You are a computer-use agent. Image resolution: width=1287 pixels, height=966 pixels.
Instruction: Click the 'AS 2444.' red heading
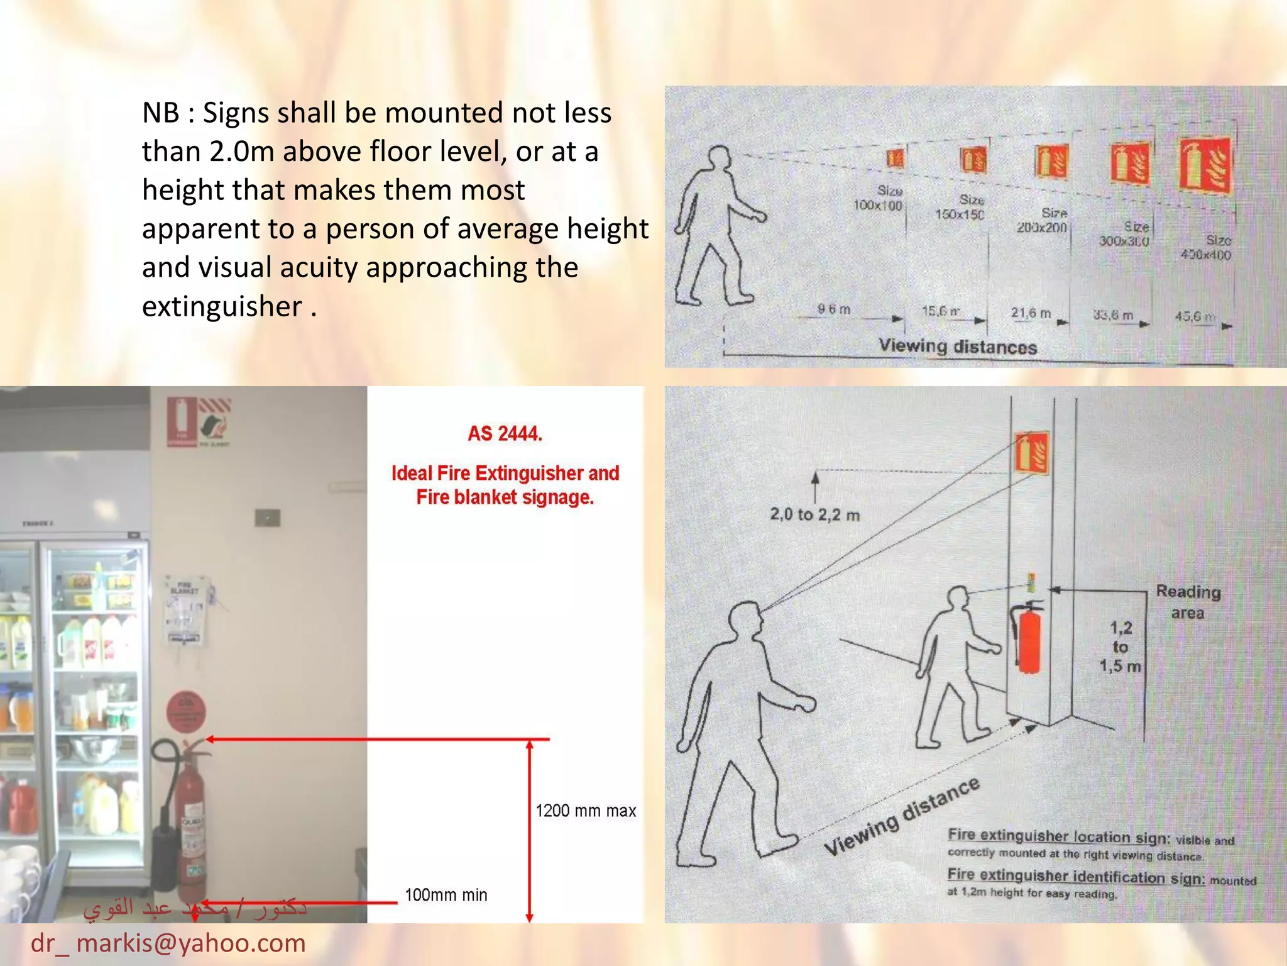[x=505, y=433]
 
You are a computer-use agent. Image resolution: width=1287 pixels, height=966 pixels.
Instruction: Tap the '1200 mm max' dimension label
[x=586, y=811]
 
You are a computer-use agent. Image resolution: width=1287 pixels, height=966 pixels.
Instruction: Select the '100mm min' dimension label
[x=446, y=894]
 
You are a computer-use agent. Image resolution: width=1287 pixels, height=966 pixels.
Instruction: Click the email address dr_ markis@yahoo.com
[x=168, y=943]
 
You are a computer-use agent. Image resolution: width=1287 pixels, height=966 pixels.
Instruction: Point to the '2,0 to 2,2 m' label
[x=815, y=514]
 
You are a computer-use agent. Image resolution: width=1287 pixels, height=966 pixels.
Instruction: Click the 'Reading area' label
[x=1188, y=602]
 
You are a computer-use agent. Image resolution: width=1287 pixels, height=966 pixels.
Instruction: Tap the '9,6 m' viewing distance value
[x=834, y=309]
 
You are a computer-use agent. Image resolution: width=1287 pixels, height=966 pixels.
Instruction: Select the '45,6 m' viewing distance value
[x=1195, y=316]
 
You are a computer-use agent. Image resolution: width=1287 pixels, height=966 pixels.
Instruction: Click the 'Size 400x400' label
[x=1207, y=248]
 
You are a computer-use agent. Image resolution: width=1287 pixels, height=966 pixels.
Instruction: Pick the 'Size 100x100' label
[x=879, y=198]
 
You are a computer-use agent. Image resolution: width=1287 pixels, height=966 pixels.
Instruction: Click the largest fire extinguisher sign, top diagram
[x=1205, y=167]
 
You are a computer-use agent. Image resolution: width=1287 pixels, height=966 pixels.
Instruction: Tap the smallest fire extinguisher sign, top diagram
[x=895, y=158]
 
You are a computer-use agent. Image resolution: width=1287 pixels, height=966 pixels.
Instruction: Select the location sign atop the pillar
[x=1032, y=453]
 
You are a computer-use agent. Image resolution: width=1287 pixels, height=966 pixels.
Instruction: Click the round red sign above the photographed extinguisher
[x=186, y=712]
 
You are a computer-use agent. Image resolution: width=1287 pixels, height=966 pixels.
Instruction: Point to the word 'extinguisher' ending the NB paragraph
[x=222, y=306]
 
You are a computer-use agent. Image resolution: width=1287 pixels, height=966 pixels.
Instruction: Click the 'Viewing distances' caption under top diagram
[x=958, y=346]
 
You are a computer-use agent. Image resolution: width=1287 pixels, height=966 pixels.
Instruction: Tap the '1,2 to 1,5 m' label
[x=1120, y=647]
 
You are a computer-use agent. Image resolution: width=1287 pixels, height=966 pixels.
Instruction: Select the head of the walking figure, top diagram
[x=719, y=157]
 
